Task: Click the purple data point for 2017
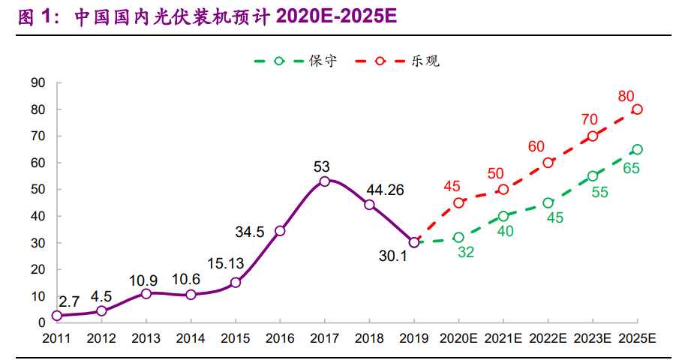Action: tap(325, 181)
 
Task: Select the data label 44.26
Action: tap(383, 190)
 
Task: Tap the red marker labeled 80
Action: tap(637, 109)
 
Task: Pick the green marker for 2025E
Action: tap(637, 149)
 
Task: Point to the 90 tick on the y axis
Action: tap(37, 82)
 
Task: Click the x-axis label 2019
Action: tap(414, 339)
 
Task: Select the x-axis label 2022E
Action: tap(548, 339)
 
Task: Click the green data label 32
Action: tap(465, 253)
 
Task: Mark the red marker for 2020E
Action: tap(458, 202)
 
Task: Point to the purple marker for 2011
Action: tap(57, 316)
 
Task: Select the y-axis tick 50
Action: tap(37, 190)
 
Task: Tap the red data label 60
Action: tap(536, 146)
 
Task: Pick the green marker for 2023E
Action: tap(593, 176)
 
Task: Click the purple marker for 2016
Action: tap(280, 231)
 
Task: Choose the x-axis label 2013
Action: tap(146, 339)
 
